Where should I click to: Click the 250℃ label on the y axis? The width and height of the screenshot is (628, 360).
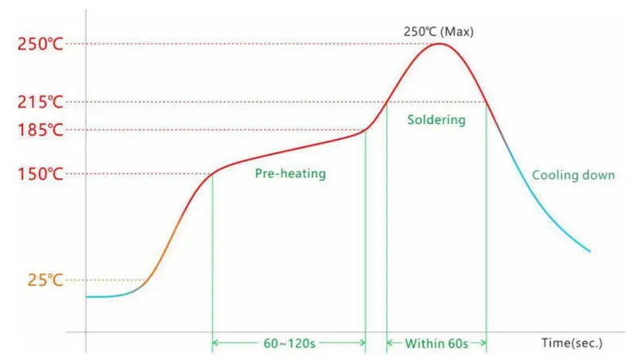[x=40, y=44]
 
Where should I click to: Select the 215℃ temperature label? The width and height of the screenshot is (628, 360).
[x=40, y=102]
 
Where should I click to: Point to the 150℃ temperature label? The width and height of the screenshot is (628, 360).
[x=40, y=174]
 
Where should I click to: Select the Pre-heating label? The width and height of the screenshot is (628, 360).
[x=290, y=173]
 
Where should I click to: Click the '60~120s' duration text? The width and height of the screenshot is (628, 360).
[x=289, y=343]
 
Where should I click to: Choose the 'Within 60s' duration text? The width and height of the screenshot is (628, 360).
[x=436, y=343]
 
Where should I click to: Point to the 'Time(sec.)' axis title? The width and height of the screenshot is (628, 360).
[x=572, y=343]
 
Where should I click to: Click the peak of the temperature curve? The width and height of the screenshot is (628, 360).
[x=439, y=43]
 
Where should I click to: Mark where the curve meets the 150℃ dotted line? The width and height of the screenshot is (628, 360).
[x=213, y=173]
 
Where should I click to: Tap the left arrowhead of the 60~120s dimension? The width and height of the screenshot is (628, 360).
[x=215, y=343]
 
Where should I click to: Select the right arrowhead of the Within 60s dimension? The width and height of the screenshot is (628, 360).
[x=483, y=343]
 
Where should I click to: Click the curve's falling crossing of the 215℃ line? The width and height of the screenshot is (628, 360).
[x=486, y=102]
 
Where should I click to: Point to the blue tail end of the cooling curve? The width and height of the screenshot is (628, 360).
[x=589, y=251]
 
